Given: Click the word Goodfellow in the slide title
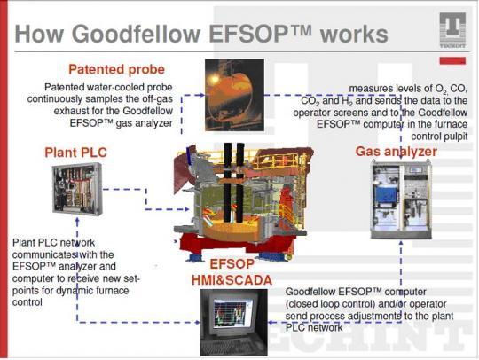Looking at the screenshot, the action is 136,34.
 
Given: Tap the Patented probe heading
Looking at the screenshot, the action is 116,69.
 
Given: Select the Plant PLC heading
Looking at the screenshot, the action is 75,153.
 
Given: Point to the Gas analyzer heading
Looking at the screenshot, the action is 397,152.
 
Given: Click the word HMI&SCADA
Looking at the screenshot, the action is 232,280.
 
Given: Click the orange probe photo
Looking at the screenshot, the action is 234,95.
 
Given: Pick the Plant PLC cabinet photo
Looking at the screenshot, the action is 77,189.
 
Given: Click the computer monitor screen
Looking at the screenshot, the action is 233,314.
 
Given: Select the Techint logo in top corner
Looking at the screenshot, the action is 452,30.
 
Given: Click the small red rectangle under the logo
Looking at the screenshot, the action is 452,60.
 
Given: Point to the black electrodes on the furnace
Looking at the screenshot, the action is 233,183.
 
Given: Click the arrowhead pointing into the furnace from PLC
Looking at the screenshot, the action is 186,209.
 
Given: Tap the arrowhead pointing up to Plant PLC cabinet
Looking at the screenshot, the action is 77,219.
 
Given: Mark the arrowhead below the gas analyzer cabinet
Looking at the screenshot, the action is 401,242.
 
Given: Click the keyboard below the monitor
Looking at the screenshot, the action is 232,344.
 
